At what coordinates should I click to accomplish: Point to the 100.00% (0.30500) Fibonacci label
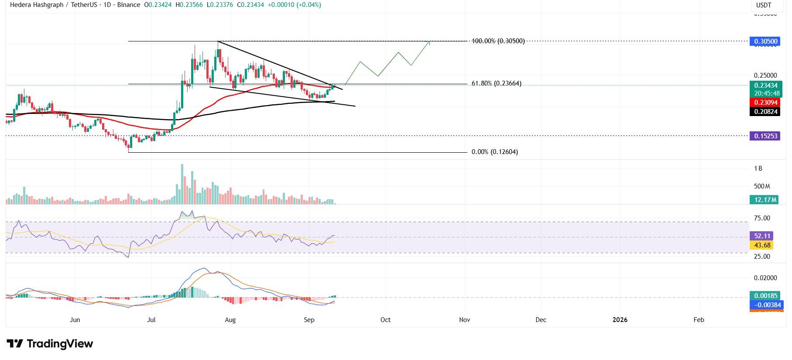[x=498, y=41]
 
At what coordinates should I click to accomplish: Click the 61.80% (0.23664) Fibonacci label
[x=496, y=84]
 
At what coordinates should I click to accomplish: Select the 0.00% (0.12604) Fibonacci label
[x=494, y=152]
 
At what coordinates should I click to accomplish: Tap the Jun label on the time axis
[x=75, y=320]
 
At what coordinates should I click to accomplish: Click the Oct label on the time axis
[x=385, y=320]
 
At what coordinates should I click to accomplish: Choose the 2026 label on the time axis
[x=620, y=320]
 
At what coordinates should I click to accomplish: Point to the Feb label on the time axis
[x=699, y=320]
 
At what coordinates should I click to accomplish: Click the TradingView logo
[x=50, y=344]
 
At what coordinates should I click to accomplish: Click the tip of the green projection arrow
[x=430, y=41]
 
